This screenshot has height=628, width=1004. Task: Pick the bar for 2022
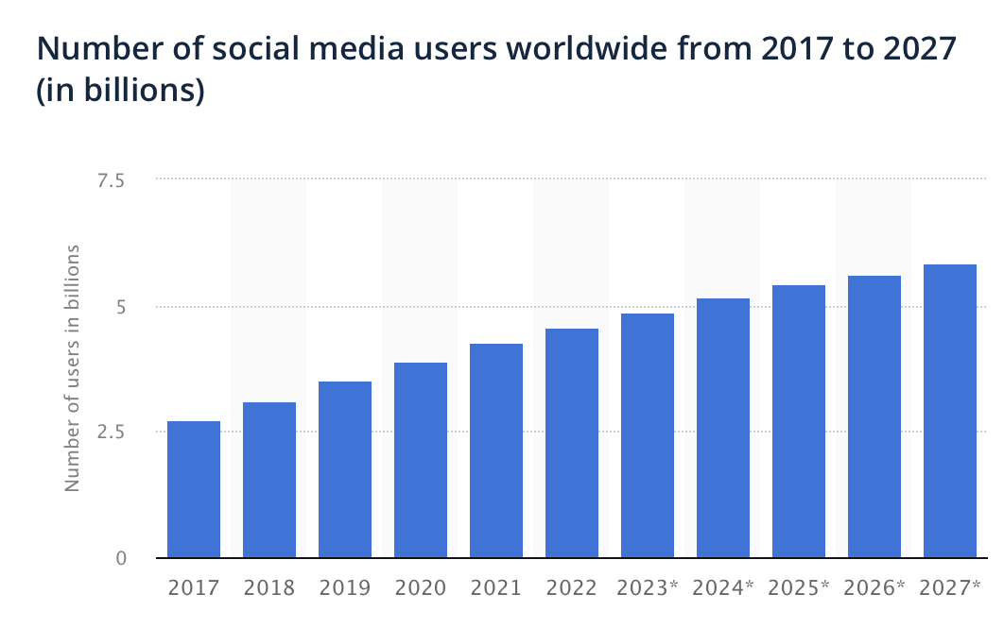click(x=572, y=443)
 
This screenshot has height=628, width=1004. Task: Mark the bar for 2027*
click(x=950, y=411)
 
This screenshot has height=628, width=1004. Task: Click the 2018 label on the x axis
click(x=269, y=588)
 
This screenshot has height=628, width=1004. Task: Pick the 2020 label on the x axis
click(x=421, y=588)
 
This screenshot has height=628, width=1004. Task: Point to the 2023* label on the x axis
click(x=648, y=588)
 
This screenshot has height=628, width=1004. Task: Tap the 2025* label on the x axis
click(x=799, y=588)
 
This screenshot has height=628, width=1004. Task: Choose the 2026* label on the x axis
click(x=874, y=588)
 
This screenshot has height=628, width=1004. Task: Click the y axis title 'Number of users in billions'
click(x=72, y=368)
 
